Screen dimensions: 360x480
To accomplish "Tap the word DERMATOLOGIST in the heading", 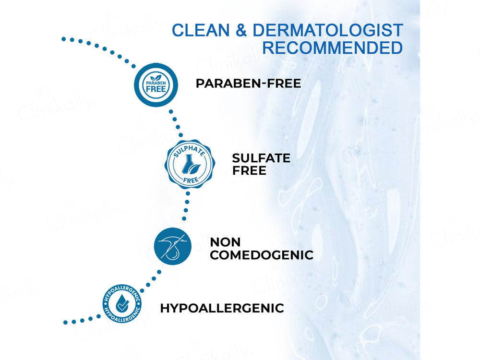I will [x=327, y=30].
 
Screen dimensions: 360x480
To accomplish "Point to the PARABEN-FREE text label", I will [x=248, y=84].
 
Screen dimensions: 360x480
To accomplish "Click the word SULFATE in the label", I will [x=261, y=158].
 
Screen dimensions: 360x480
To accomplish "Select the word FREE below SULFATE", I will [x=249, y=170].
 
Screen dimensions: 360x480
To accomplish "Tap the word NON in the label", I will [x=225, y=242].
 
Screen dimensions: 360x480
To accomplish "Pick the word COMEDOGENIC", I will [x=261, y=255].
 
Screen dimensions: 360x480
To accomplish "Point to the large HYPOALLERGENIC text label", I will [x=222, y=308].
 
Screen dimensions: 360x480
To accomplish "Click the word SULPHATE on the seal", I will [x=189, y=150].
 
